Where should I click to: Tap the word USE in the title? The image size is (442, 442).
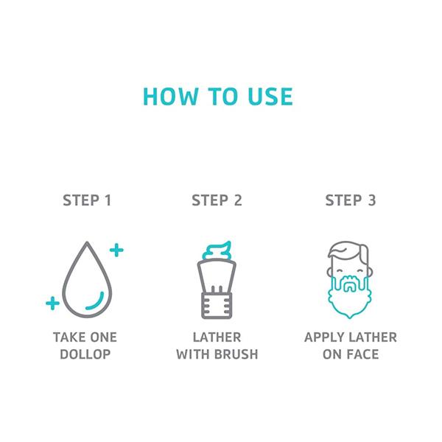pyautogui.click(x=270, y=97)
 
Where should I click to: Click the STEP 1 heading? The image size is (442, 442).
pyautogui.click(x=87, y=200)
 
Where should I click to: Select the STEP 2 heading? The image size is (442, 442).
pyautogui.click(x=217, y=200)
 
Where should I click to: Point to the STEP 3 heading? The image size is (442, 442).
pyautogui.click(x=351, y=200)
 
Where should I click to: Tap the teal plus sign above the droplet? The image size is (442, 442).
pyautogui.click(x=116, y=250)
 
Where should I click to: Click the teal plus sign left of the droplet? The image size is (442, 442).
pyautogui.click(x=53, y=303)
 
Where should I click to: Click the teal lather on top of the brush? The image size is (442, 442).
pyautogui.click(x=217, y=251)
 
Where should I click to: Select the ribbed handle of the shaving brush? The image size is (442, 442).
pyautogui.click(x=217, y=306)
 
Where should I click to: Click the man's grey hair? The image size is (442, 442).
pyautogui.click(x=348, y=248)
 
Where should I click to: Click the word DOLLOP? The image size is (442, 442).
pyautogui.click(x=85, y=354)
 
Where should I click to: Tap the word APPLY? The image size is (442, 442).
pyautogui.click(x=325, y=337)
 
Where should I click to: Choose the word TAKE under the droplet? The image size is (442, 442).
pyautogui.click(x=67, y=337)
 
